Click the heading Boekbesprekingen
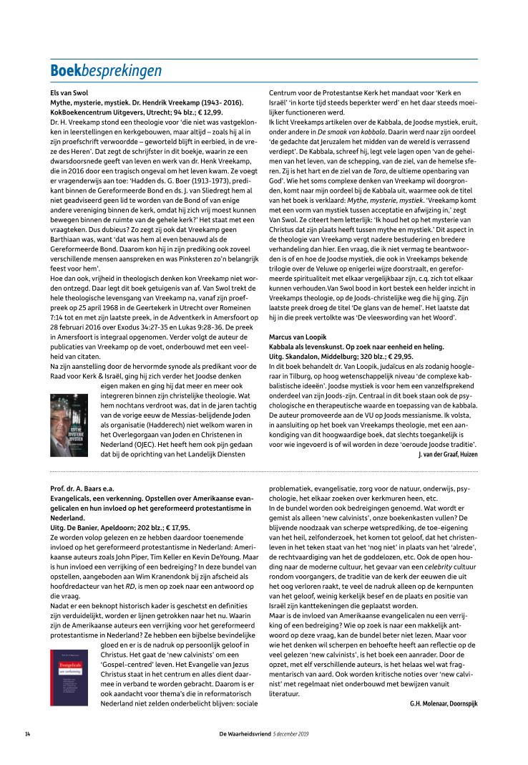tap(106, 70)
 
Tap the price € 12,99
tap(212, 112)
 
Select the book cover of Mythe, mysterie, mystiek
tap(69, 425)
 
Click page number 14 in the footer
tap(27, 733)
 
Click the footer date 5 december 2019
tap(290, 733)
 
